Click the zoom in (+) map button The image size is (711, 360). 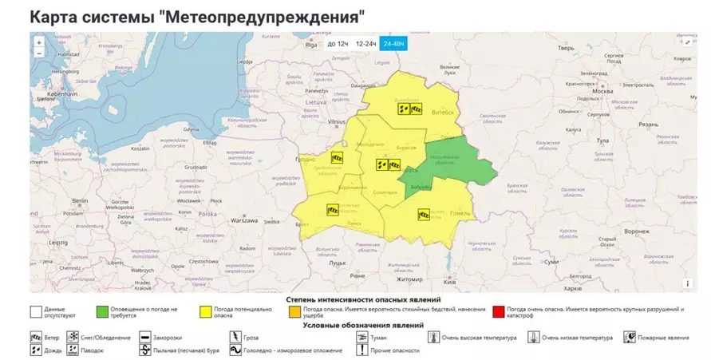pyautogui.click(x=38, y=42)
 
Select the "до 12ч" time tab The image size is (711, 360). pyautogui.click(x=338, y=44)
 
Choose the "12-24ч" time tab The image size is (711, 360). pyautogui.click(x=366, y=44)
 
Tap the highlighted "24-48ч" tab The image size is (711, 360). pyautogui.click(x=393, y=44)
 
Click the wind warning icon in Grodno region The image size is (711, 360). pyautogui.click(x=337, y=158)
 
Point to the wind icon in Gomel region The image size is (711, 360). pyautogui.click(x=425, y=214)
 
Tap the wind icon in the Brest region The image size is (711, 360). pyautogui.click(x=333, y=210)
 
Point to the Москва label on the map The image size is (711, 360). pyautogui.click(x=603, y=91)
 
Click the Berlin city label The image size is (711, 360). pyautogui.click(x=80, y=200)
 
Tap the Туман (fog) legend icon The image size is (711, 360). pyautogui.click(x=363, y=338)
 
